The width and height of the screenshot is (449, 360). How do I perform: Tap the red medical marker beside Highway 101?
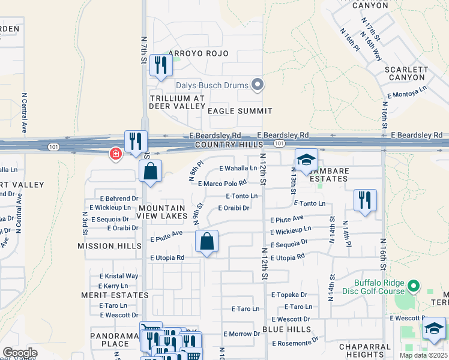click(115, 155)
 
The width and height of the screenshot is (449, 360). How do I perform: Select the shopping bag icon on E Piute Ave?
click(206, 242)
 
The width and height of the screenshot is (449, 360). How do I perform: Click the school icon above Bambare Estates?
click(306, 161)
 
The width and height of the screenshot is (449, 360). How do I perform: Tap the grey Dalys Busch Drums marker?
click(258, 85)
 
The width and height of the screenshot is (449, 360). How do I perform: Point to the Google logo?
click(20, 352)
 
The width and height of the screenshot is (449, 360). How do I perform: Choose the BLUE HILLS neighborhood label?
click(287, 329)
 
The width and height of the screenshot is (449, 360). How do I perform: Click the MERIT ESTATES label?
click(115, 295)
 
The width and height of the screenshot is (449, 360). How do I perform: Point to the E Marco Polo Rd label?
click(222, 184)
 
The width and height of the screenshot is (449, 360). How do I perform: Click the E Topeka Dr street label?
click(289, 295)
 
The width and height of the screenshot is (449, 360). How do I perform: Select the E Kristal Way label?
click(119, 276)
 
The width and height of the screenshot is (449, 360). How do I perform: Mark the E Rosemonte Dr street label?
click(295, 344)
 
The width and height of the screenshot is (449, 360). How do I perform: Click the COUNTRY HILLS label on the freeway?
click(229, 145)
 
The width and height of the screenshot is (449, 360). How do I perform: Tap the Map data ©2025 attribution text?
click(424, 355)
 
